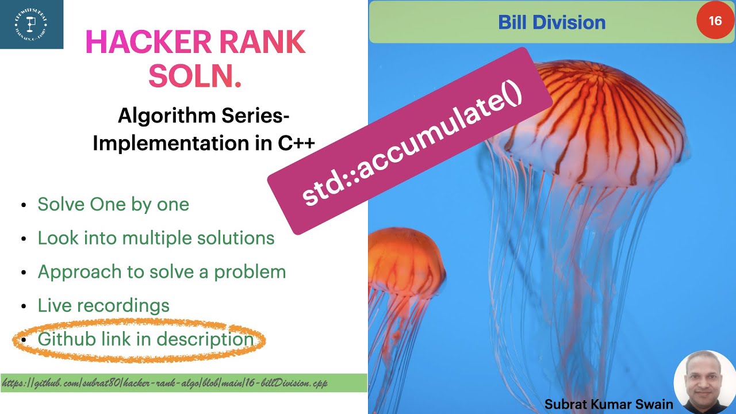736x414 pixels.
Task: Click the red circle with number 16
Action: pos(715,21)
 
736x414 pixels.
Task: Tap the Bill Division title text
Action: pos(551,22)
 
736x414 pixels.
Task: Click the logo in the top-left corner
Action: pos(31,24)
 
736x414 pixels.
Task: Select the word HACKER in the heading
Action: pos(140,43)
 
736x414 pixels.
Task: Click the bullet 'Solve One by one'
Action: pos(113,204)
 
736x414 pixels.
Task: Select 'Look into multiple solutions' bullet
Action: pos(156,238)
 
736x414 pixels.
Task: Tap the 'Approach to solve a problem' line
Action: pos(162,271)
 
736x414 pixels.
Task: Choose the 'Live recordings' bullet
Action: pos(103,305)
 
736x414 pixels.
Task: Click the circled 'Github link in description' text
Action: pos(145,339)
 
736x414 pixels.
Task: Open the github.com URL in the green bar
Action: pos(165,383)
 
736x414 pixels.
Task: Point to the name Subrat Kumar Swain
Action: pos(608,404)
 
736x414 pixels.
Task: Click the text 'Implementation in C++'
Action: pos(204,143)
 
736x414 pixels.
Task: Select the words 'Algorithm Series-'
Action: pos(204,116)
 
